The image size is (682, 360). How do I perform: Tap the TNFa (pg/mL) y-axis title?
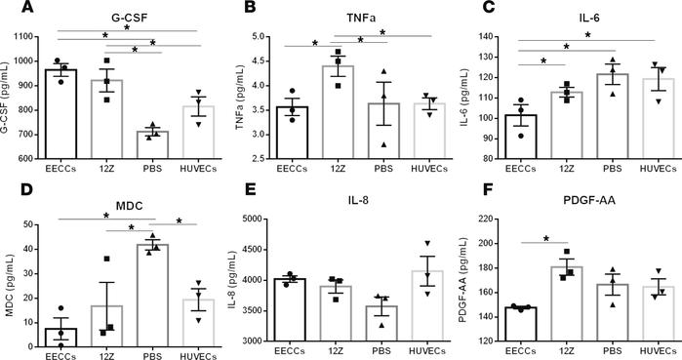[257, 98]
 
